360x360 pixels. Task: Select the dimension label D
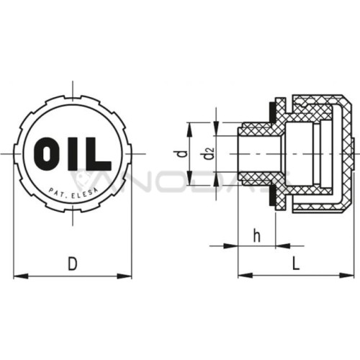pos(73,264)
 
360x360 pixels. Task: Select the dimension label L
pos(296,263)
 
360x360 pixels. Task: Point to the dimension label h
pos(257,236)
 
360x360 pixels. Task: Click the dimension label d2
pos(208,153)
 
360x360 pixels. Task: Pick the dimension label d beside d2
pos(183,153)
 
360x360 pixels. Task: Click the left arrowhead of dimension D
pos(21,276)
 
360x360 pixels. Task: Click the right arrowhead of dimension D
pos(125,276)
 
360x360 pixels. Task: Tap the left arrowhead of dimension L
pos(245,276)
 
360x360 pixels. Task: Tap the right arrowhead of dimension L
pos(347,276)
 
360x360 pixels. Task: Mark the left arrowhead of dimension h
pos(230,246)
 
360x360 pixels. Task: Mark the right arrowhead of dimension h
pos(283,246)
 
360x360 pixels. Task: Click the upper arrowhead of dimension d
pos(189,130)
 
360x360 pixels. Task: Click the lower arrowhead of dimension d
pos(189,178)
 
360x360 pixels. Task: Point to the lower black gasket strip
pos(272,195)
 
